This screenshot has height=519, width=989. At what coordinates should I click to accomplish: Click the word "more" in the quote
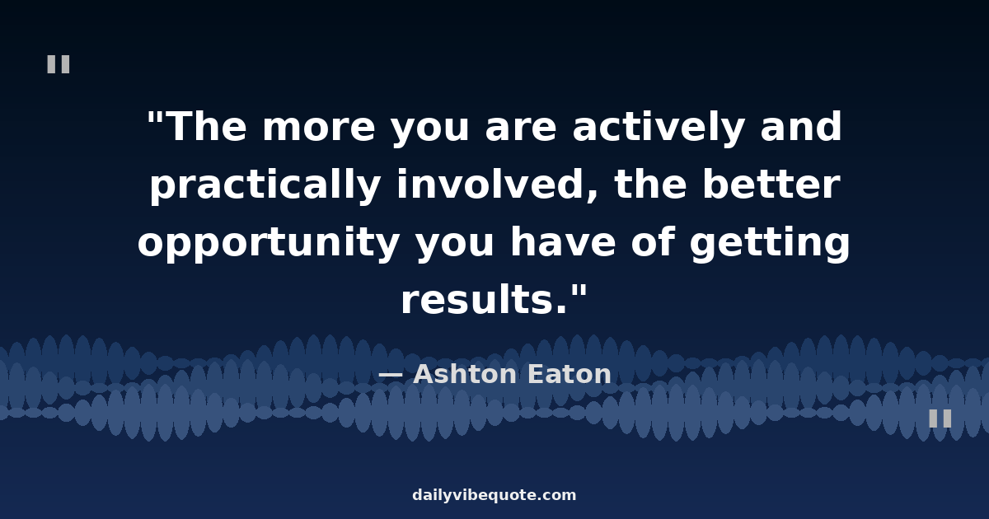[x=318, y=128]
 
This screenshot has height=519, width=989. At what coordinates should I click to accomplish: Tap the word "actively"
[x=659, y=128]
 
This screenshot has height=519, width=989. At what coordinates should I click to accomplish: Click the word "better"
[x=771, y=184]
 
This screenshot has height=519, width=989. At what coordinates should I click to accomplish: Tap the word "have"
[x=562, y=241]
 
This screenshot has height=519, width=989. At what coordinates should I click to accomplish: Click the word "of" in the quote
[x=653, y=241]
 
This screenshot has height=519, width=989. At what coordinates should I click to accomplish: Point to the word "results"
[x=484, y=299]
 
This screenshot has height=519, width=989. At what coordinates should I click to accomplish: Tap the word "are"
[x=521, y=128]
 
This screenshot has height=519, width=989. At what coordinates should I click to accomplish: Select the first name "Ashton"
[x=465, y=374]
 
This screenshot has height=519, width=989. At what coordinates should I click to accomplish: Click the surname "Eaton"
[x=569, y=374]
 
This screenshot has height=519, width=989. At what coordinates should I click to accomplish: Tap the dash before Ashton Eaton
[x=391, y=375]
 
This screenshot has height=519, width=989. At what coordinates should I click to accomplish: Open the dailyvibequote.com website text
[x=494, y=495]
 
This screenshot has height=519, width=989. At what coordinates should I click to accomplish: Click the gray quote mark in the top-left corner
[x=59, y=64]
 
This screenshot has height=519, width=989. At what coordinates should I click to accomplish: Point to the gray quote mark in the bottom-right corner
[x=940, y=418]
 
